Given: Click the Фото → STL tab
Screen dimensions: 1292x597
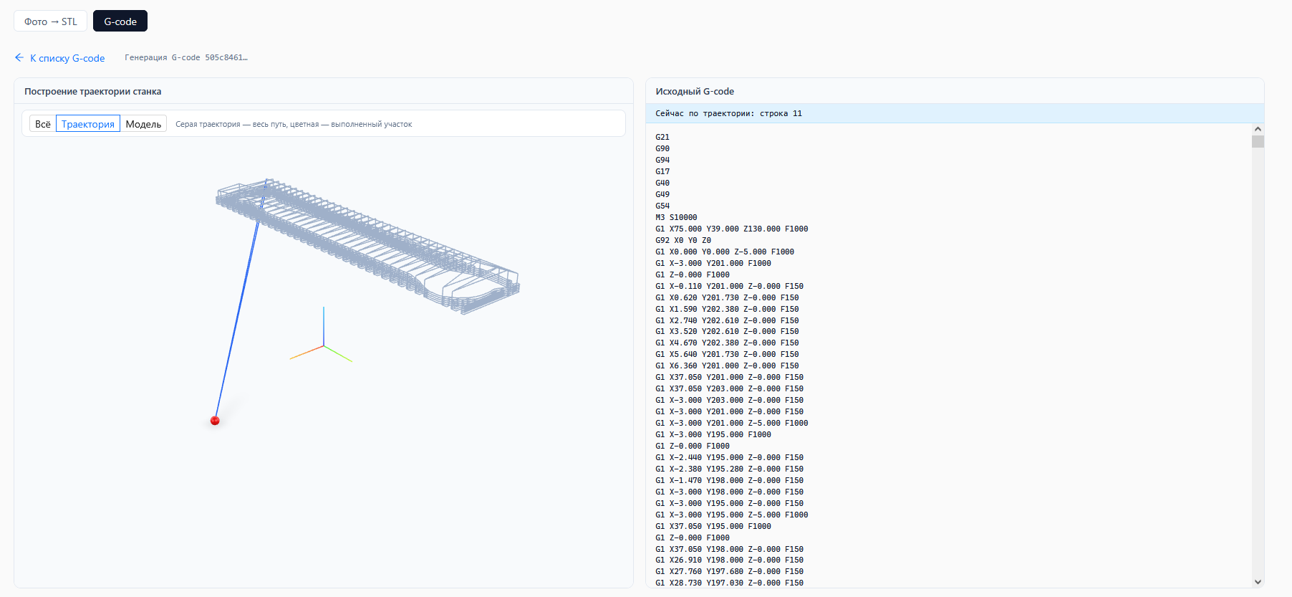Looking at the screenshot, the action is [50, 22].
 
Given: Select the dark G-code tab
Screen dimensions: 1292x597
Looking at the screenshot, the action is [120, 22].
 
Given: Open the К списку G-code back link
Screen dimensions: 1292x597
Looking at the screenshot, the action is [60, 58].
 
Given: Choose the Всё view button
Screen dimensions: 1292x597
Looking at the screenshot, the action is [43, 124].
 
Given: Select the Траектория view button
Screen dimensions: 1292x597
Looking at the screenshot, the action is [88, 124].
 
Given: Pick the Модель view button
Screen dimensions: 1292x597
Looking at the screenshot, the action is [143, 124].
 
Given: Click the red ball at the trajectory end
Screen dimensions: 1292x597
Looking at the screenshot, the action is [215, 421].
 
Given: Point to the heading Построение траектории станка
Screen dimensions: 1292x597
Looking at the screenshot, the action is [93, 92].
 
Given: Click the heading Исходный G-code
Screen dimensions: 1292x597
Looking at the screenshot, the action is [695, 92].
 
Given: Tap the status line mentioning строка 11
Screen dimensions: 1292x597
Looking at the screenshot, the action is [728, 113].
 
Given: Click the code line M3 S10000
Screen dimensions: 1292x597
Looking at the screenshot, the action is [676, 217].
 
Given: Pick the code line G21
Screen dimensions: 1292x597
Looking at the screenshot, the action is [662, 137].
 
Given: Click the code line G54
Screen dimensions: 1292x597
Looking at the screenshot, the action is [662, 206].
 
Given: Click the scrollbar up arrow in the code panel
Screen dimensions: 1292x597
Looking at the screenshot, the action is [1258, 129].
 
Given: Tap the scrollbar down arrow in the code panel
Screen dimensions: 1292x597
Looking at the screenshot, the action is [1258, 582].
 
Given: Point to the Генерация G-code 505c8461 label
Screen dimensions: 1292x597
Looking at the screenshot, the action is [186, 57].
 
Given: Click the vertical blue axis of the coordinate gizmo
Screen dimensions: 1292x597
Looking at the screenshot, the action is [324, 327].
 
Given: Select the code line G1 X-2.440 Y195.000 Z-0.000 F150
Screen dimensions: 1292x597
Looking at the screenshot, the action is [729, 457].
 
